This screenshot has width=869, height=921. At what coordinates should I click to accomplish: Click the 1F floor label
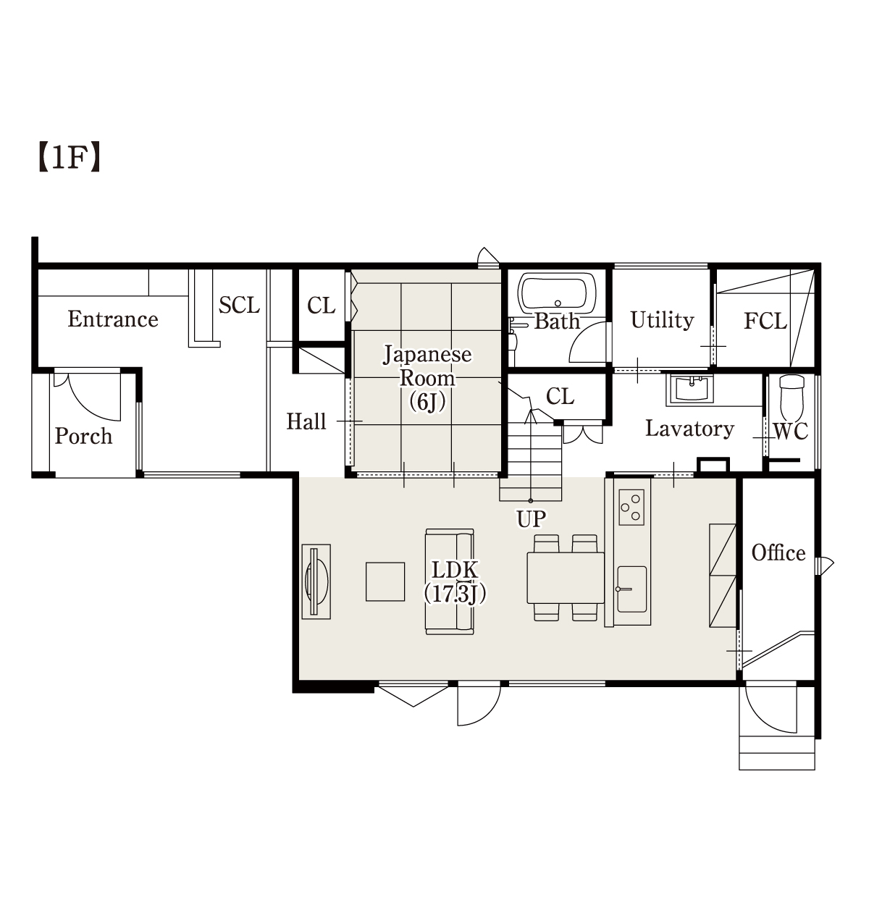point(69,158)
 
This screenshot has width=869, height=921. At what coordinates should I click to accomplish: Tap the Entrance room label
point(113,319)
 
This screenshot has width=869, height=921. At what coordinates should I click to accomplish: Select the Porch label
point(83,437)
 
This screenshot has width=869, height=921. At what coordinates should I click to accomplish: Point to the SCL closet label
point(239,305)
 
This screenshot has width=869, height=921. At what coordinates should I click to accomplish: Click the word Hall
point(306,421)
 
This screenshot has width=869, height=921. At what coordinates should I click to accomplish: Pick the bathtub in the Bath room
point(557,293)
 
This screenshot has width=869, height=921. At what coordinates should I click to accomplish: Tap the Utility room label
point(662,320)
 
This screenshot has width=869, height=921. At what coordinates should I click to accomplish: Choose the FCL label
point(765,321)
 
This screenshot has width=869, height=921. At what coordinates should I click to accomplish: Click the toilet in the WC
point(792,398)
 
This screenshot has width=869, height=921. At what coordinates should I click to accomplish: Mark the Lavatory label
point(689,429)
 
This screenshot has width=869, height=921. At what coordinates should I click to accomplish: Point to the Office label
point(778,552)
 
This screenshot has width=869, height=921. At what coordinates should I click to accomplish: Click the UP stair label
point(532,519)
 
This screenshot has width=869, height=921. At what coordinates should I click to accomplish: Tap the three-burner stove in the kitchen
point(631,508)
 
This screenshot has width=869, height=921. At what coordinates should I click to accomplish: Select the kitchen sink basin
point(631,589)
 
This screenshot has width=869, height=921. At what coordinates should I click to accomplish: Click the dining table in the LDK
point(566,578)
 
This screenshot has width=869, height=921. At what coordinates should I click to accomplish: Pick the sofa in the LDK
point(450,581)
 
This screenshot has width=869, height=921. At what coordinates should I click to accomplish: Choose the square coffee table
point(385,582)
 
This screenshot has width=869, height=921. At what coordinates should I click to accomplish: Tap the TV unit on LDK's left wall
point(316,581)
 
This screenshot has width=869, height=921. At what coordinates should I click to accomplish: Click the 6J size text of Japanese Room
point(427,402)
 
